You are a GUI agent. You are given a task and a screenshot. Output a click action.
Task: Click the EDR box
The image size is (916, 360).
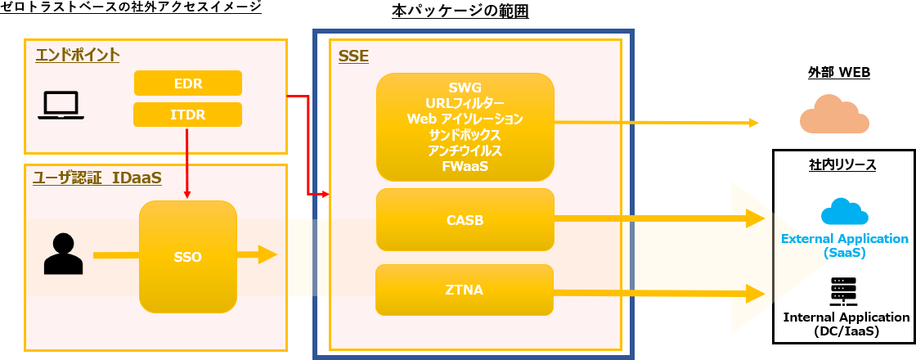(188, 83)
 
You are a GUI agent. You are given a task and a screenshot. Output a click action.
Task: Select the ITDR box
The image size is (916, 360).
(188, 115)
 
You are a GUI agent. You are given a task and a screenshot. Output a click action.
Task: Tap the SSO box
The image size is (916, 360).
(188, 257)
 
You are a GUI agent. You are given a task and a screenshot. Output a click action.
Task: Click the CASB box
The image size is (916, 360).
(465, 219)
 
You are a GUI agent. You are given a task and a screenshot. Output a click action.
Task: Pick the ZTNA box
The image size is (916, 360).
(465, 289)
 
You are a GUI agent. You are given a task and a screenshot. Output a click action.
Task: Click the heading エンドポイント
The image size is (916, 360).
(78, 55)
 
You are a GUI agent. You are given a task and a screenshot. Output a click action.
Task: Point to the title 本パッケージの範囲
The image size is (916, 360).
(465, 11)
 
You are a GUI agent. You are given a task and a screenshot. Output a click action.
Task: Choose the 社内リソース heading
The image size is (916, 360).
(843, 164)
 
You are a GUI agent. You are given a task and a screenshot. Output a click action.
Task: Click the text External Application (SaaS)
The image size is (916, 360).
(845, 245)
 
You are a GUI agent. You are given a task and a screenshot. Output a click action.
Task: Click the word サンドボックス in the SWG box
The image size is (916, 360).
(465, 134)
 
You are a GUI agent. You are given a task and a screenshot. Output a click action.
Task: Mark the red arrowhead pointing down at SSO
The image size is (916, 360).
(188, 194)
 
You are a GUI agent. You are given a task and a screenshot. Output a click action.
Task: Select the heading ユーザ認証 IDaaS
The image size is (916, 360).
(97, 178)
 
